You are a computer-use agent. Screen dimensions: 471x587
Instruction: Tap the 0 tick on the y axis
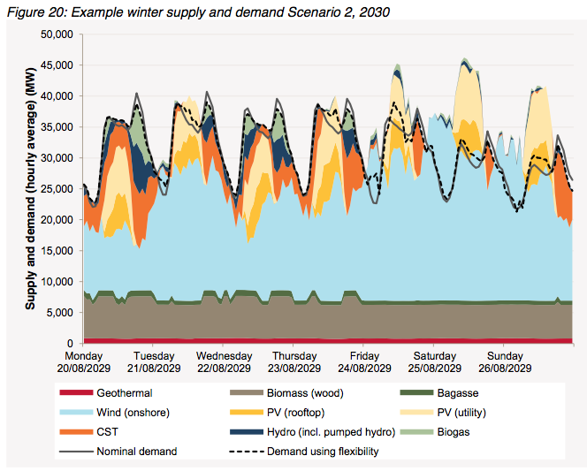click(72, 343)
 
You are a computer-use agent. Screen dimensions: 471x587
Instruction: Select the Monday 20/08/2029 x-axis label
click(82, 361)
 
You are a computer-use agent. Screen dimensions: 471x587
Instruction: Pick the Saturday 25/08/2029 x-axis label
click(432, 361)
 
